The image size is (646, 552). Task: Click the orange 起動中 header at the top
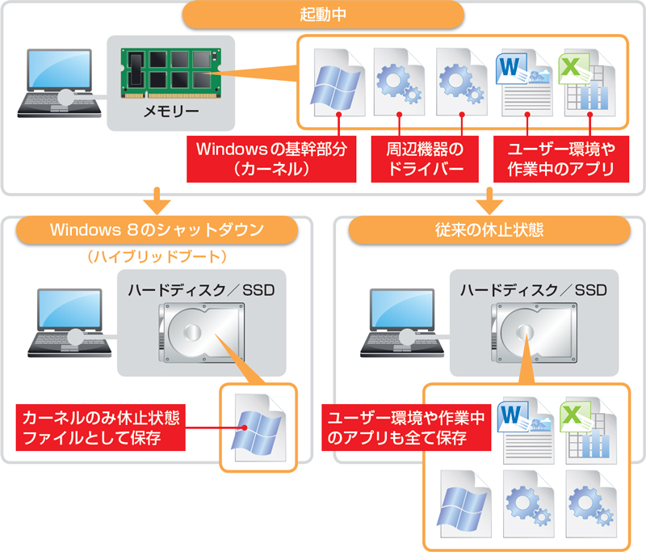click(x=323, y=15)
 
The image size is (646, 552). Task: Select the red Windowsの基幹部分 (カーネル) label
click(x=271, y=159)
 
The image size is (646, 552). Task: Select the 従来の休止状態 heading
click(x=489, y=230)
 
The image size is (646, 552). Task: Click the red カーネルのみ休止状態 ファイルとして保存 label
click(x=101, y=428)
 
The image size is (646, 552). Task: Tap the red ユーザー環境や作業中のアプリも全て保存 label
click(x=407, y=428)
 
